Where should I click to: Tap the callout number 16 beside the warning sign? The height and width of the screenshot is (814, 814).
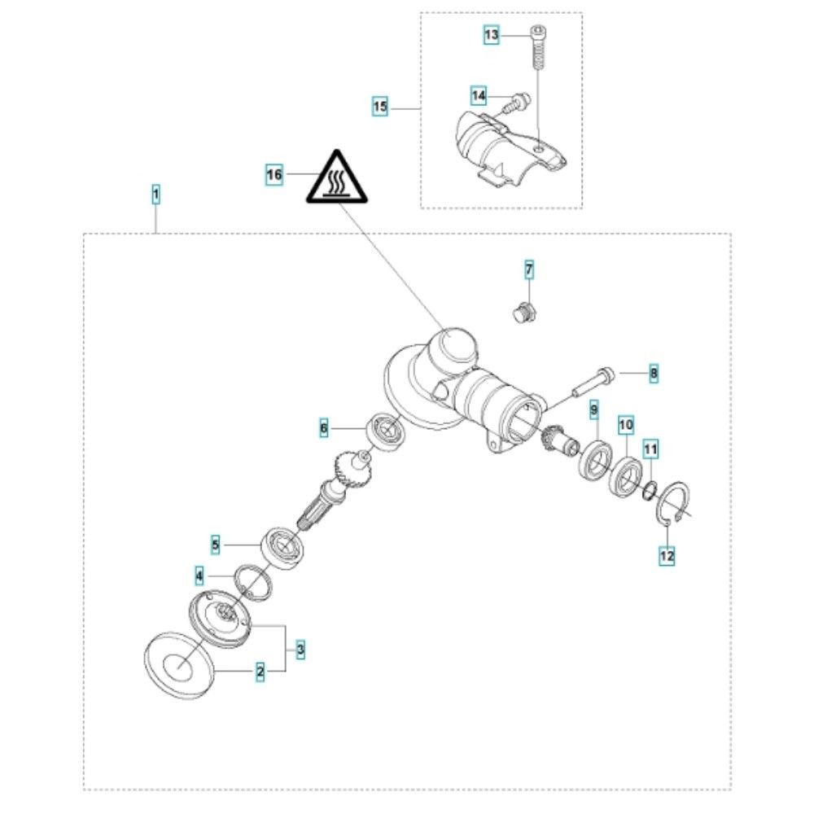click(274, 174)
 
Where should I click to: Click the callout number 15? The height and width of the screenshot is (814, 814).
click(380, 107)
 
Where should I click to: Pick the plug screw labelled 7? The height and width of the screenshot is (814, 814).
click(523, 310)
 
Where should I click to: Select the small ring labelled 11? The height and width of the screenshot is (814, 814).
click(650, 490)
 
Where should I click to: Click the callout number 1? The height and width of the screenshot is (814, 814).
click(155, 195)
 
